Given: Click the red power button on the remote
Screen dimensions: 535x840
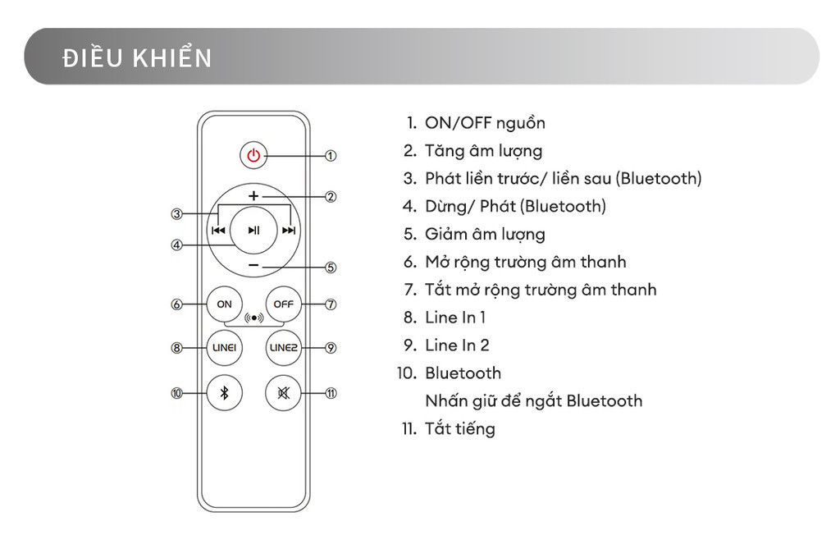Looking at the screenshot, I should tap(253, 155).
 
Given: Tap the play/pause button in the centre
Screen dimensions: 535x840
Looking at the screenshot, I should tap(253, 231).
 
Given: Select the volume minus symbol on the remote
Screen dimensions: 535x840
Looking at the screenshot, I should tap(253, 266).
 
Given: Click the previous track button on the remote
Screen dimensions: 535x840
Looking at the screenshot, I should tap(218, 231).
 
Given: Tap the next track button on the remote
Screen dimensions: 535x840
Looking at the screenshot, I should tap(289, 231).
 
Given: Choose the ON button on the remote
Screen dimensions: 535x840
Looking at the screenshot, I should tap(224, 304).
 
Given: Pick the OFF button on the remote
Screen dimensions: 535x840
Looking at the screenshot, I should tap(283, 304).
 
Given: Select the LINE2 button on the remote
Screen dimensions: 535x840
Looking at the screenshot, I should tap(283, 348).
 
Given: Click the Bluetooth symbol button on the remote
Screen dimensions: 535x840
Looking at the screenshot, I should tap(224, 393).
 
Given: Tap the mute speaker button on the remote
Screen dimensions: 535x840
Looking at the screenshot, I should tap(283, 393).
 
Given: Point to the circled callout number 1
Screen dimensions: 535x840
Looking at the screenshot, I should tap(331, 155).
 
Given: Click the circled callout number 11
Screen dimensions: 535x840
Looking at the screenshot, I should tap(331, 393).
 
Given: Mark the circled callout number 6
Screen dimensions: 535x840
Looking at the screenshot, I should tap(176, 304).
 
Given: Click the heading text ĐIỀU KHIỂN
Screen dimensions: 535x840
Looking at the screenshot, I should tap(137, 58).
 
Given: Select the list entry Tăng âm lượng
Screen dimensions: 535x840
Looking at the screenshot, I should tap(483, 151).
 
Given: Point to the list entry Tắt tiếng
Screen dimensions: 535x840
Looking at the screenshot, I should tap(459, 428).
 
